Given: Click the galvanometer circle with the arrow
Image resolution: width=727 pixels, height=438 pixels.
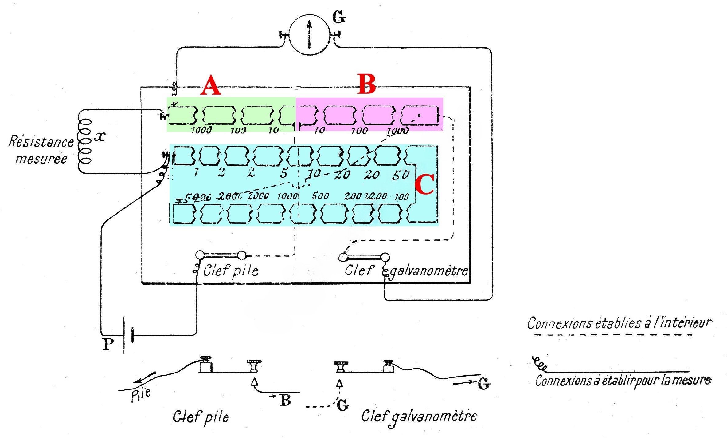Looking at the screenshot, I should [x=310, y=35].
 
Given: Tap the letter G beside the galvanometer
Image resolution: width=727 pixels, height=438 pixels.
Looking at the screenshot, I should [x=339, y=18].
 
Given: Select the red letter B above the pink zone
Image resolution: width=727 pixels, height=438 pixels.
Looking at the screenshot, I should [x=367, y=85].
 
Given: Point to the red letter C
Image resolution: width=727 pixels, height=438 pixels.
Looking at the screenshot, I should [x=424, y=184].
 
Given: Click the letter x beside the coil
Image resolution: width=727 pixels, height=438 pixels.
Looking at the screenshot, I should [x=99, y=136].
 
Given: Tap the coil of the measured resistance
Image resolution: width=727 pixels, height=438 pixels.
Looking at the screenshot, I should [x=85, y=141].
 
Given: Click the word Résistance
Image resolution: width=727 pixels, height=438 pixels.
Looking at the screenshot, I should [x=41, y=142].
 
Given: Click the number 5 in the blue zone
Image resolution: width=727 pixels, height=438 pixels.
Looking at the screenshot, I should [x=283, y=173].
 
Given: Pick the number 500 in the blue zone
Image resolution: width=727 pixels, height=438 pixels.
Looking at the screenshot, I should [x=320, y=196].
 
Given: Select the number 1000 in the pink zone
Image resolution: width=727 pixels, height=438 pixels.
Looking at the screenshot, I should [x=397, y=131].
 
